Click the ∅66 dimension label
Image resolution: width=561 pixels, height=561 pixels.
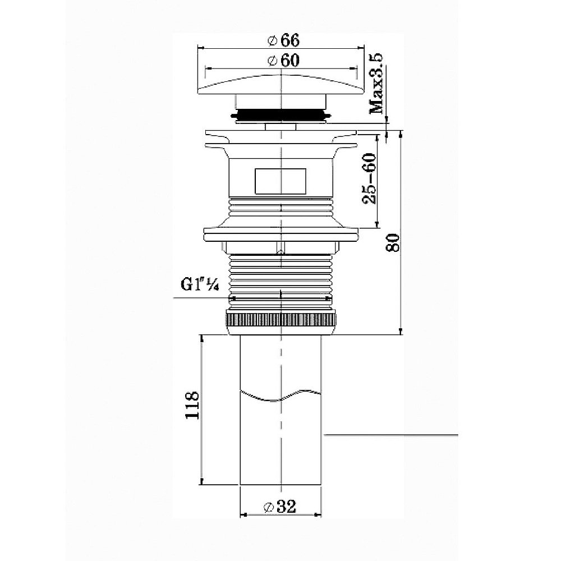click(283, 40)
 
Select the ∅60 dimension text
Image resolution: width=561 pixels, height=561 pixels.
click(283, 61)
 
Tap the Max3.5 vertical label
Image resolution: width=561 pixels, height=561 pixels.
click(376, 84)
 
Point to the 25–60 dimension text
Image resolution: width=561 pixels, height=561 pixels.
click(370, 178)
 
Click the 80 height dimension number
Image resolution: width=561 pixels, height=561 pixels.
click(393, 242)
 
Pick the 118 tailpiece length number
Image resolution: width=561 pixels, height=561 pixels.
click(192, 405)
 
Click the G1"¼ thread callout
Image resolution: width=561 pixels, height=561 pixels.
click(200, 285)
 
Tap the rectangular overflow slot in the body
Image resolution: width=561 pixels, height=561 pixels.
click(280, 181)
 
